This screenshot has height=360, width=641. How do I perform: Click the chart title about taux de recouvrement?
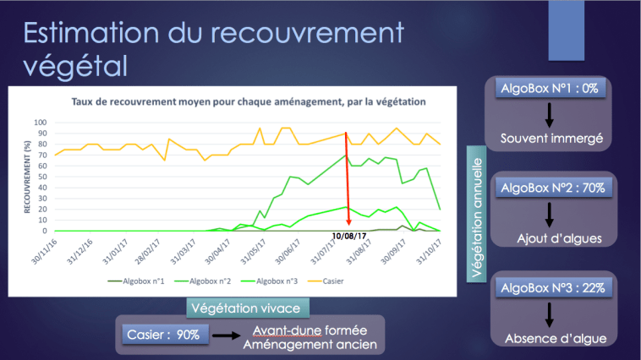[x=248, y=101]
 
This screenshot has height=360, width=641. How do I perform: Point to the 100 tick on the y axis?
[x=39, y=122]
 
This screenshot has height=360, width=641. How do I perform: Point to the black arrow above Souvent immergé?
[x=549, y=116]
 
